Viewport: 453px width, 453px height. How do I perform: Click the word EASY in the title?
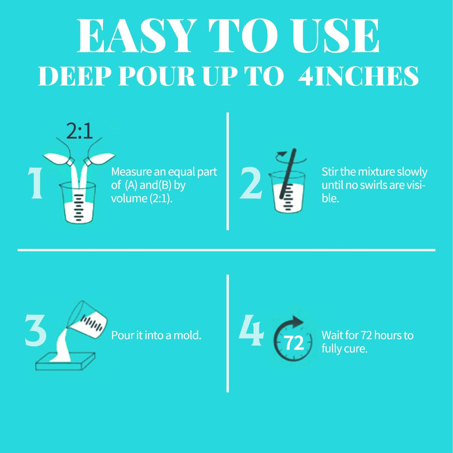point(137,36)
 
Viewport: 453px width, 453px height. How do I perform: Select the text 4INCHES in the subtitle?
point(359,76)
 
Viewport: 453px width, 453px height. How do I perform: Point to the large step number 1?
point(36,183)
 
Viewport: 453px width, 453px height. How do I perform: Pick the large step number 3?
point(36,331)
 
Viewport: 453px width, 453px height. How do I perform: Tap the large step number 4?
point(251,331)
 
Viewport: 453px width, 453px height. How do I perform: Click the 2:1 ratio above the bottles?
point(79,131)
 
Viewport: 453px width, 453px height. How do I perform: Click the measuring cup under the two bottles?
point(78,203)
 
